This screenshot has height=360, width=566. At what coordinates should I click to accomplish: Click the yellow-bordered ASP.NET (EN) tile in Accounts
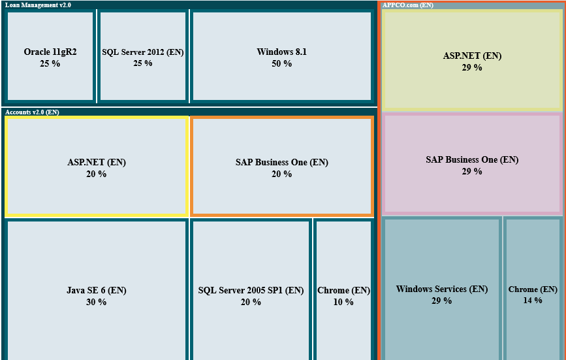[97, 167]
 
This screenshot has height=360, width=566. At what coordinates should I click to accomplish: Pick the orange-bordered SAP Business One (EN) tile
[282, 167]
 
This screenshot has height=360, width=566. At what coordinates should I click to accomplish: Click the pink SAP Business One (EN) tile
[472, 164]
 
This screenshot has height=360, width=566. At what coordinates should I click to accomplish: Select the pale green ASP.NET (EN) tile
[472, 60]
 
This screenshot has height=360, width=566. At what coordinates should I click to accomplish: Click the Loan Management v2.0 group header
[39, 5]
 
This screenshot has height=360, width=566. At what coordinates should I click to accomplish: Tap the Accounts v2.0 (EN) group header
[32, 112]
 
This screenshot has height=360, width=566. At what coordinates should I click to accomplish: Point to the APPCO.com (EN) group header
[408, 5]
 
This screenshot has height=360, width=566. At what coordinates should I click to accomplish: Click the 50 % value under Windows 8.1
[282, 64]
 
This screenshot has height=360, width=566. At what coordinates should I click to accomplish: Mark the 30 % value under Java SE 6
[97, 303]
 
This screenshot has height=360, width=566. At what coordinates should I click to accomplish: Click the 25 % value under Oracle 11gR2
[50, 64]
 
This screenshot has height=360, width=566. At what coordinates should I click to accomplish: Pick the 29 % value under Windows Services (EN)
[441, 301]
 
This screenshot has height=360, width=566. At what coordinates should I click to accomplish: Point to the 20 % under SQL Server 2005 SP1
[251, 303]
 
